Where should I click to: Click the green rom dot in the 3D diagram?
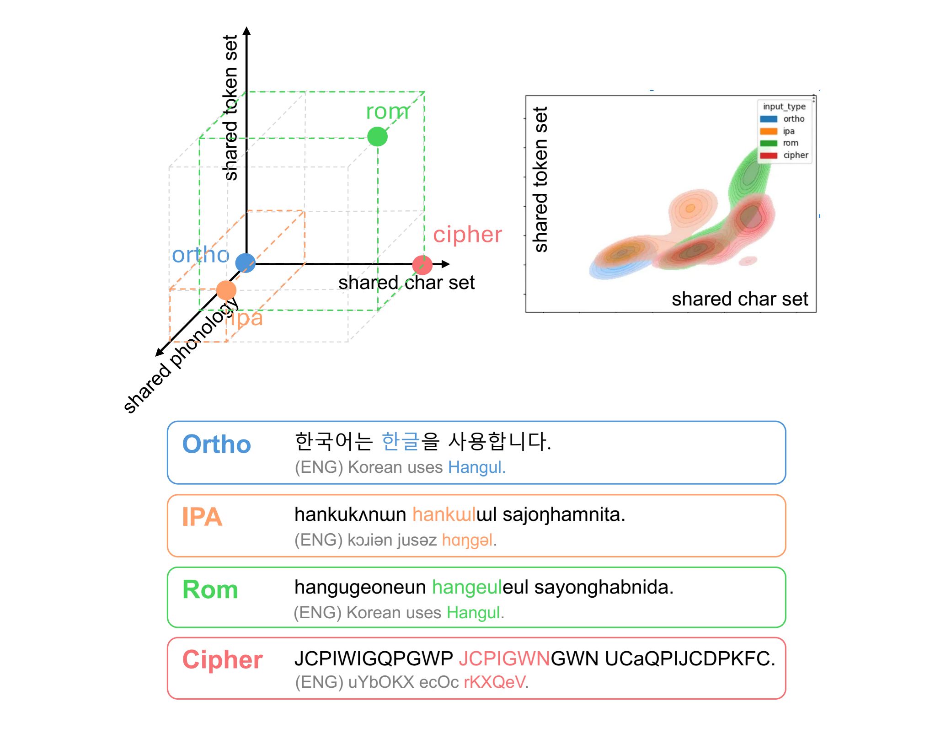[377, 137]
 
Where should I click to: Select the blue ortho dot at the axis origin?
[245, 263]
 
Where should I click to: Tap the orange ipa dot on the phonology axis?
[226, 290]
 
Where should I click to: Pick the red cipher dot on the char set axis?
[422, 265]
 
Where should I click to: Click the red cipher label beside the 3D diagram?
[467, 235]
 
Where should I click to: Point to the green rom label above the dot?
[387, 112]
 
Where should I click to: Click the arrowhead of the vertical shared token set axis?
[247, 31]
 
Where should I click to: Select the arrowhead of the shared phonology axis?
[159, 352]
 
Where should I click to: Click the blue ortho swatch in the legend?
[769, 119]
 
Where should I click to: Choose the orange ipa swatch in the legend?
[769, 131]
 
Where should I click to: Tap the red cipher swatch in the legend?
[769, 155]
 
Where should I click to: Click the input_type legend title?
[784, 107]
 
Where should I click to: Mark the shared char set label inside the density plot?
[739, 299]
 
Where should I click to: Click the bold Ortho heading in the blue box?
[217, 444]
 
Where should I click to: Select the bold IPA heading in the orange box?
[202, 517]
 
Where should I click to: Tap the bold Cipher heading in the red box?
[222, 660]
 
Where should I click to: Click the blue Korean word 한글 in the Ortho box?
[400, 441]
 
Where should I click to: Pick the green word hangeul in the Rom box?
[467, 587]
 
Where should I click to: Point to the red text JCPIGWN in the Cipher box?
[504, 659]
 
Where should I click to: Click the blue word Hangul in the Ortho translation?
[476, 467]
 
